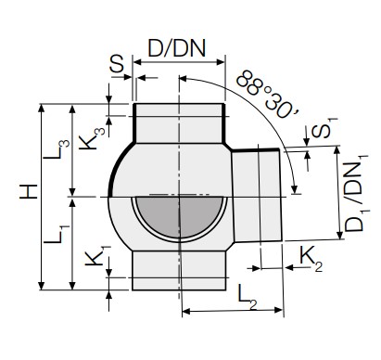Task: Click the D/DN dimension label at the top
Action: [x=177, y=48]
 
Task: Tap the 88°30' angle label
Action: [x=266, y=95]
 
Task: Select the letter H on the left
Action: [x=29, y=191]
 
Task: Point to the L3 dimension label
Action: [x=57, y=149]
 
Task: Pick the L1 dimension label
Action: [x=57, y=234]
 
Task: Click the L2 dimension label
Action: [x=248, y=298]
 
